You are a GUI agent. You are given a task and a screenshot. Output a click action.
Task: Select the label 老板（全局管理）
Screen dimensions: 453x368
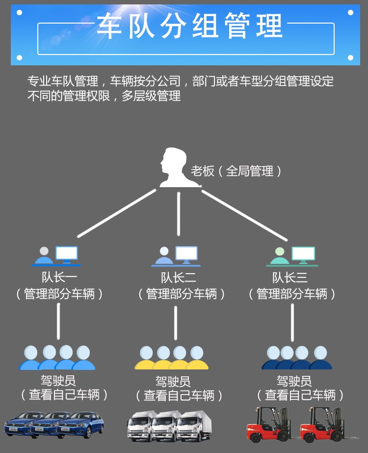tap(237, 171)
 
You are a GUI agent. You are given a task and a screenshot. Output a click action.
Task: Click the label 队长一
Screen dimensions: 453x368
tap(59, 278)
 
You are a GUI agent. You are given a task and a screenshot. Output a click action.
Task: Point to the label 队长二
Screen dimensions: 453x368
tap(179, 278)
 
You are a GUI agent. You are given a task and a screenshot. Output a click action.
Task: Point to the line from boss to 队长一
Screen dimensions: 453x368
tap(117, 212)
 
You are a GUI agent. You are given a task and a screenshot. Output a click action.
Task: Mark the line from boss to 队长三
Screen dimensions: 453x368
tap(244, 214)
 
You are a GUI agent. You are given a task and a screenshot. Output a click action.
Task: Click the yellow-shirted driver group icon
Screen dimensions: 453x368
tap(172, 358)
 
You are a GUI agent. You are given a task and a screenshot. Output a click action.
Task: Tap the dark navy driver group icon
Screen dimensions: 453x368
tap(297, 358)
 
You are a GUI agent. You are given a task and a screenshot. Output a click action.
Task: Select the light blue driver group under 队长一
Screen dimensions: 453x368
tap(57, 358)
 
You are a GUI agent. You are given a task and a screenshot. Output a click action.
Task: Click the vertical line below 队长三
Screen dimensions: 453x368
tap(292, 322)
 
